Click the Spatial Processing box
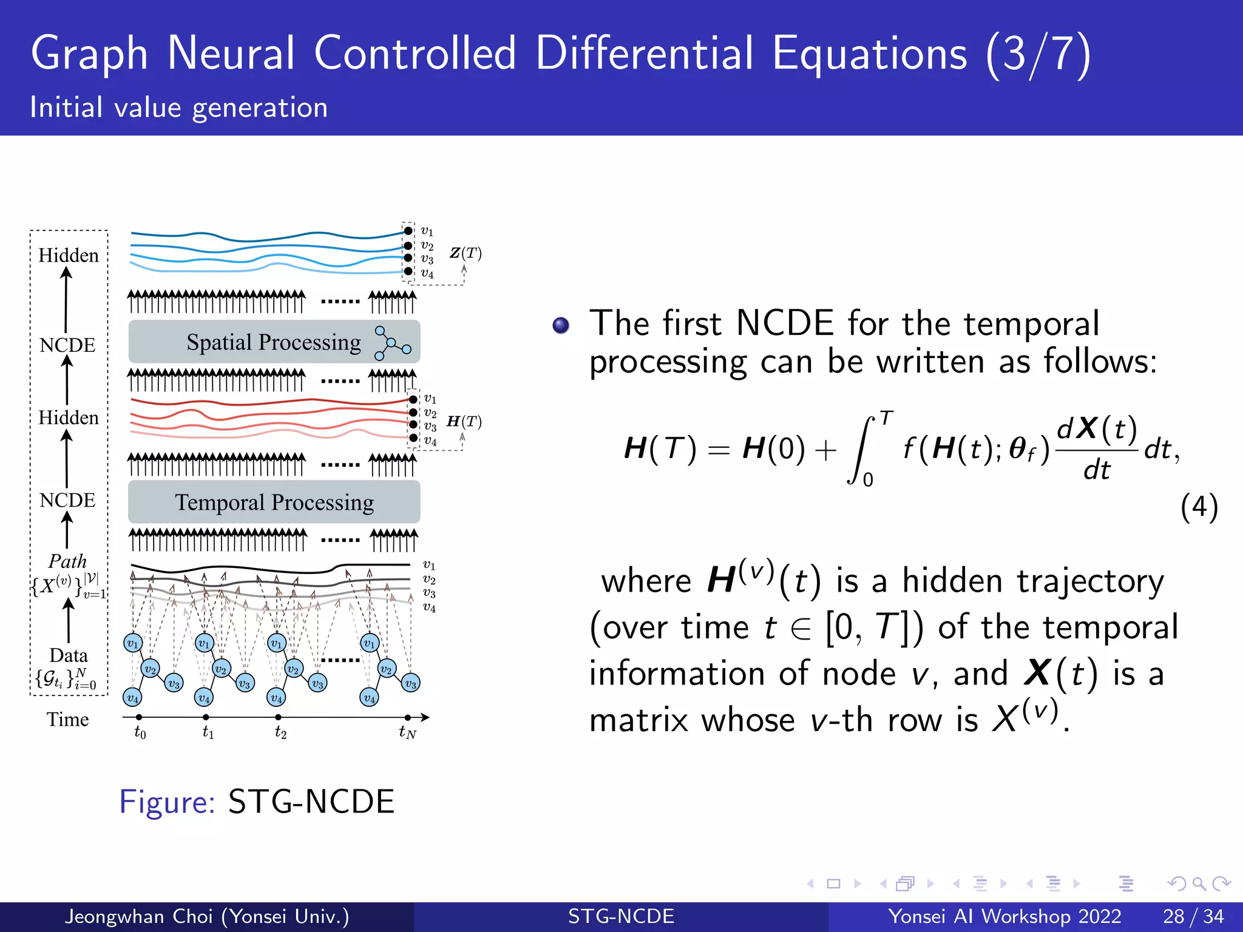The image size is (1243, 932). point(274,342)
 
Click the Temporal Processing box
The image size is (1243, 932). point(274,502)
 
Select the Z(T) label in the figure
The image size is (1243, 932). point(466,253)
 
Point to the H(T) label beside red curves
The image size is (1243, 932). point(464,421)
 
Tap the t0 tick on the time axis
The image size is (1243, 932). point(139,717)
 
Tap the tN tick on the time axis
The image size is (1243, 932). point(408,717)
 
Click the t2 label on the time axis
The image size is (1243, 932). point(280,732)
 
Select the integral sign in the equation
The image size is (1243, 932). point(860,449)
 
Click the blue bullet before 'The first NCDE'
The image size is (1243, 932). point(561,326)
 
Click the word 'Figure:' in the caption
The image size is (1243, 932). point(167,802)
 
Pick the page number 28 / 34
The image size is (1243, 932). point(1193,916)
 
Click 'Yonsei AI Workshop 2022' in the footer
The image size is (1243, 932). point(1004,916)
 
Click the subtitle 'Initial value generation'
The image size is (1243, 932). point(179,107)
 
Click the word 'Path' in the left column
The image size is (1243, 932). point(67,561)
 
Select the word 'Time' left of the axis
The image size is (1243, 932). point(67,720)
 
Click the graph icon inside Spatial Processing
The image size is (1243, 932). point(392,343)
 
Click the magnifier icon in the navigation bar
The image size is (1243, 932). point(1199,883)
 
